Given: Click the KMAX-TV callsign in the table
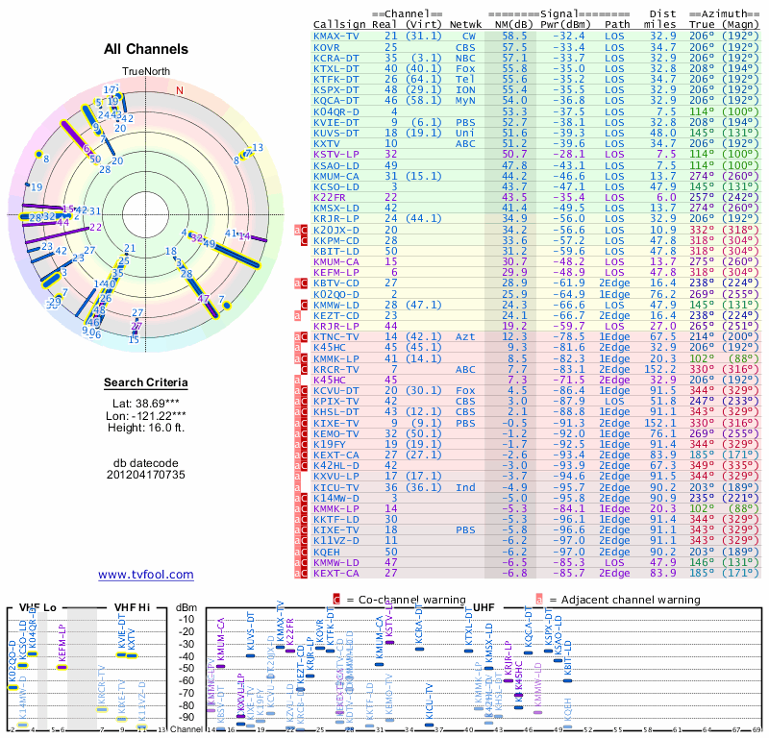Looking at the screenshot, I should (337, 35).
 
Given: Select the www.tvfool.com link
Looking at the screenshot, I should (146, 575).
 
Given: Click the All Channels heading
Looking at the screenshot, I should (146, 49).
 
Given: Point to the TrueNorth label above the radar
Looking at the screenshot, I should (145, 72).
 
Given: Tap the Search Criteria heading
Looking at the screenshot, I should (146, 383).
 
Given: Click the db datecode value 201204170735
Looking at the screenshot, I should (146, 475).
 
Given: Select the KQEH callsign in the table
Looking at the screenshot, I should (328, 552).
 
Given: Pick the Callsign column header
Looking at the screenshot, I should (340, 23).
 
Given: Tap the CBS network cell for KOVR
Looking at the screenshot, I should (465, 46).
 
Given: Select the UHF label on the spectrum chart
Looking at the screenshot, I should (484, 607).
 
